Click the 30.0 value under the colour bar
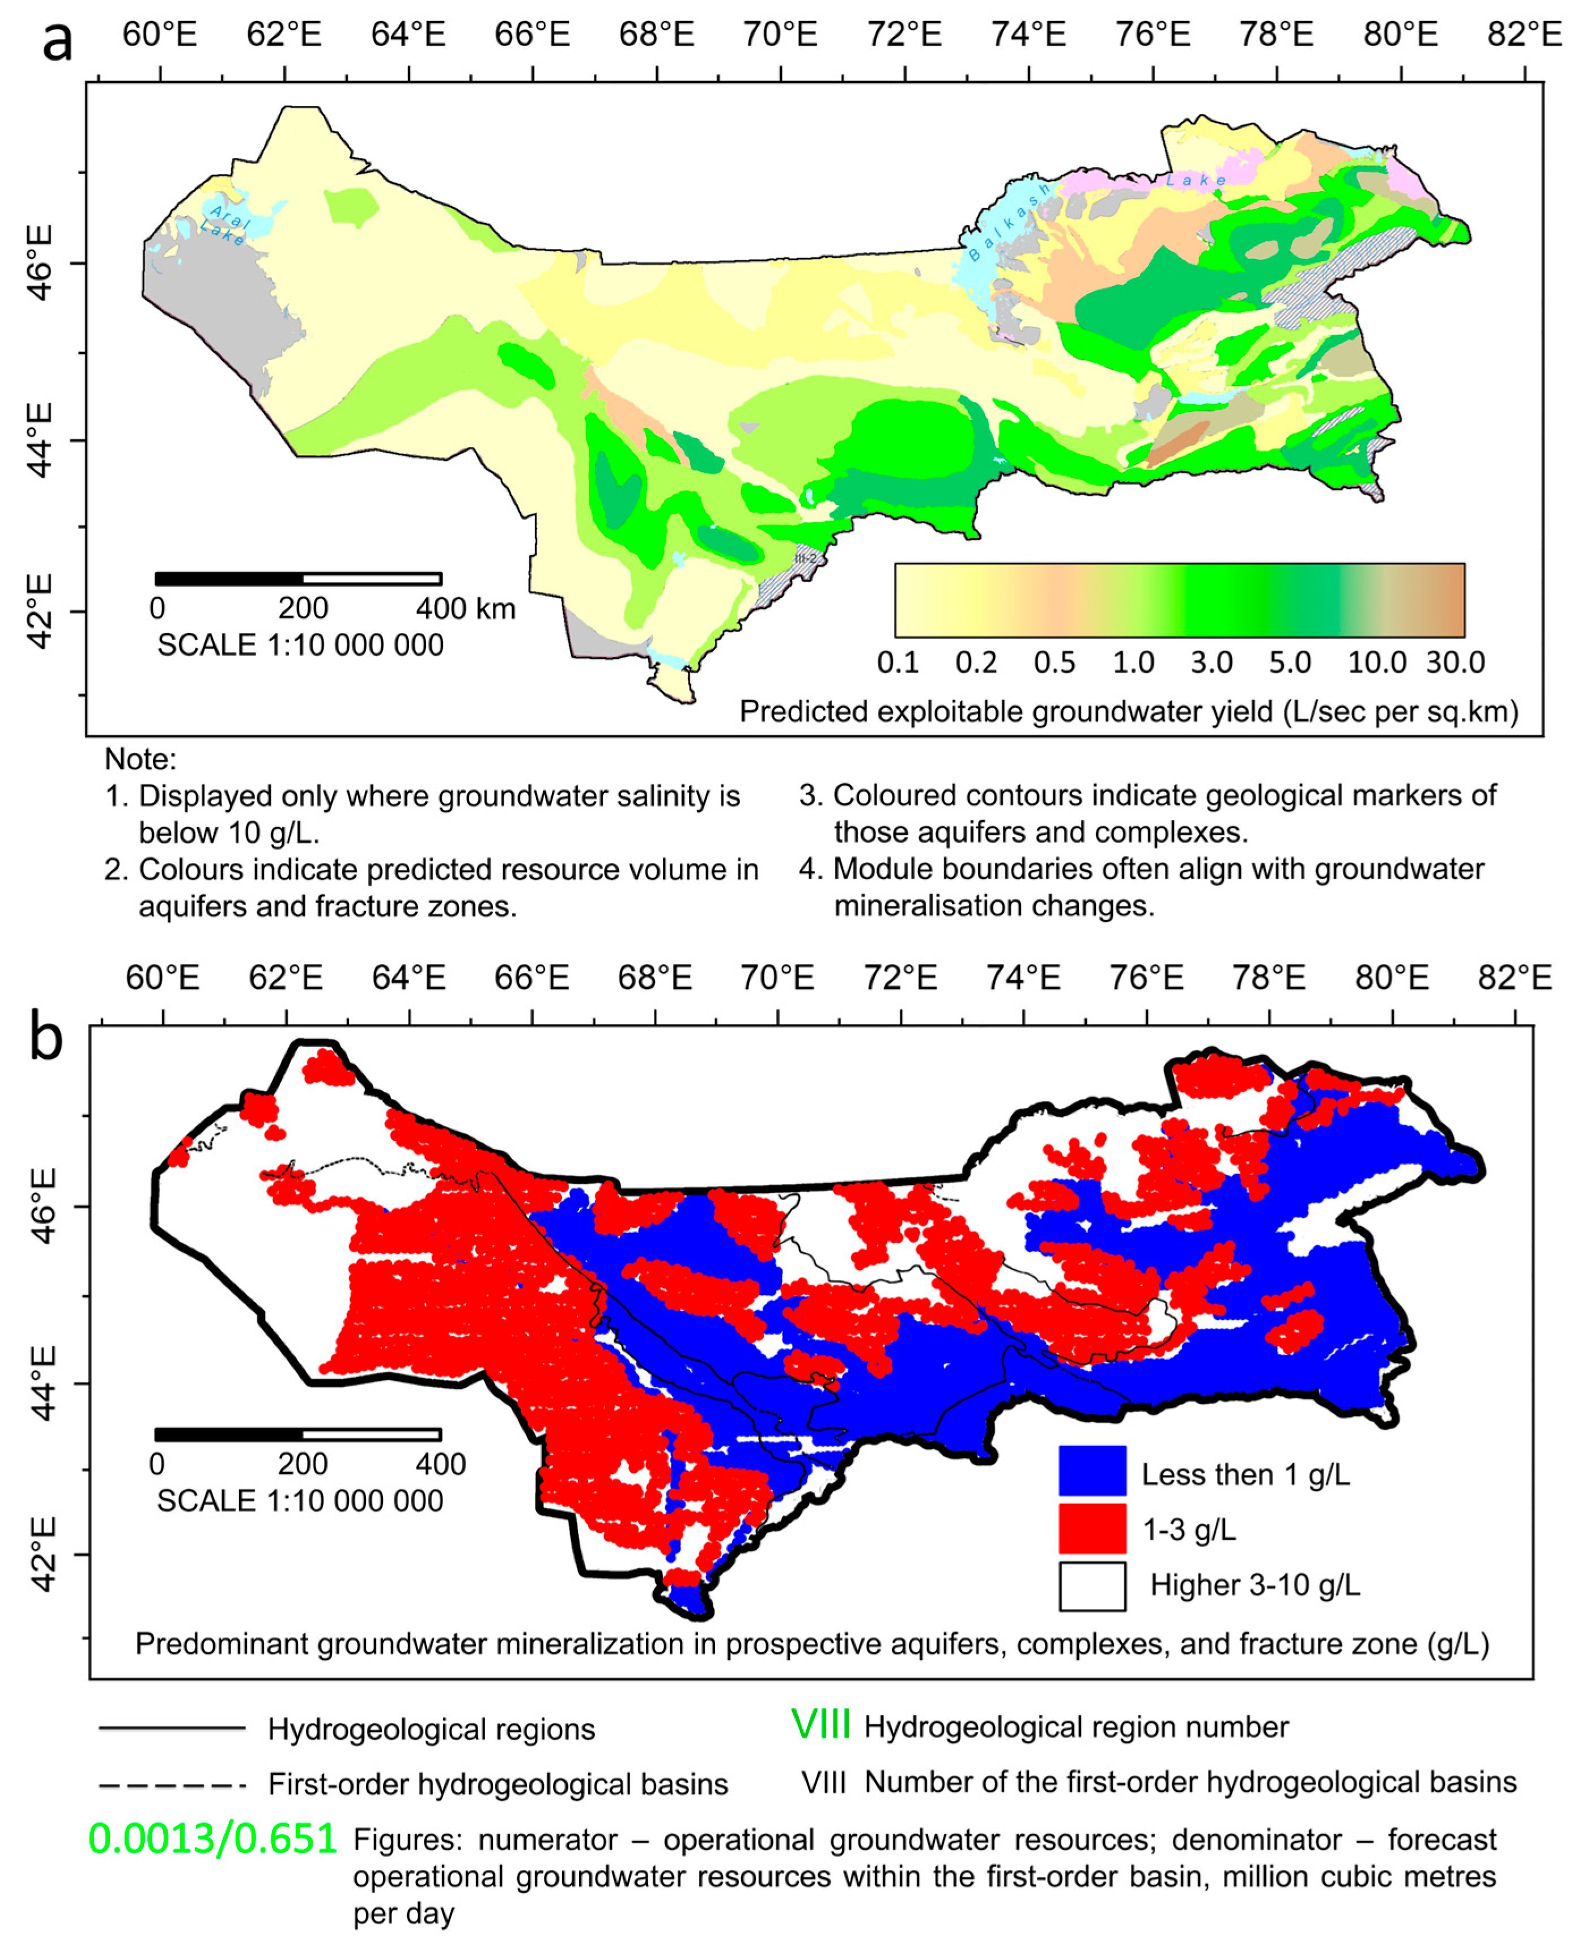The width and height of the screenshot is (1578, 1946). point(1454,662)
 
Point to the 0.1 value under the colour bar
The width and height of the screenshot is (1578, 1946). point(898,662)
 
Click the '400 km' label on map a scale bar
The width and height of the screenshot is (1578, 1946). point(465,608)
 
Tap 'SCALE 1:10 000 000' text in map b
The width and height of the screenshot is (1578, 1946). point(300,1501)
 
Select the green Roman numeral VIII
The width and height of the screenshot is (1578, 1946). point(820,1725)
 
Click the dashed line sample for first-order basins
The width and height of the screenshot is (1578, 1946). point(172,1785)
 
